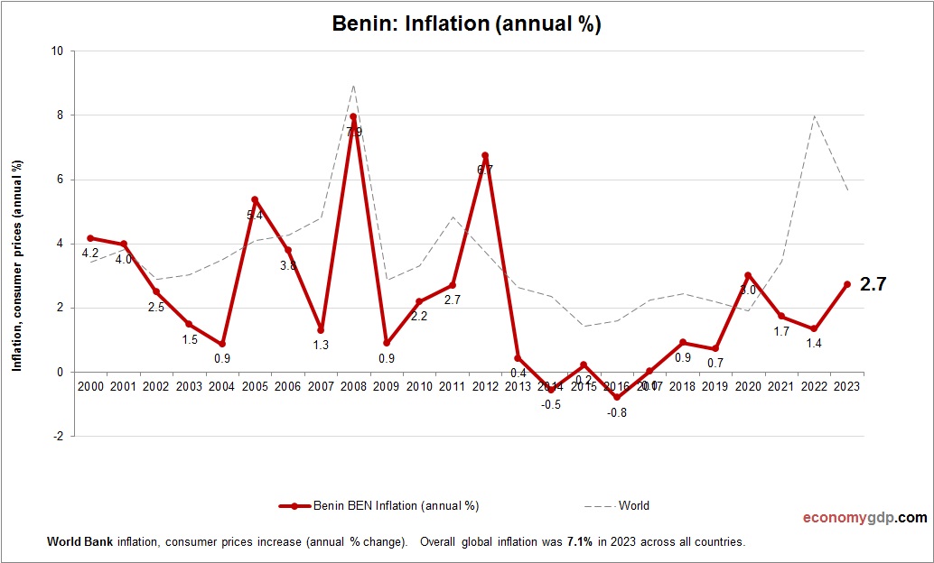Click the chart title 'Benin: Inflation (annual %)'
pos(466,25)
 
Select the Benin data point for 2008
pos(353,117)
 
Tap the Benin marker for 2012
pos(485,156)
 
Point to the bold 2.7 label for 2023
pos(873,284)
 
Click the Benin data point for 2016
pos(617,397)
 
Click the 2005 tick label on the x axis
pos(254,385)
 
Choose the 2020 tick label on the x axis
pos(748,385)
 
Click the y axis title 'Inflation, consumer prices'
pos(16,265)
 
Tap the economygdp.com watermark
pos(864,518)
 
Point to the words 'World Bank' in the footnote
pos(74,542)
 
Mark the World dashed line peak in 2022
pos(814,115)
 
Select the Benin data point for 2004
pos(221,344)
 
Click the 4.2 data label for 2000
pos(90,253)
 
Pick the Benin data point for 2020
pos(748,275)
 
